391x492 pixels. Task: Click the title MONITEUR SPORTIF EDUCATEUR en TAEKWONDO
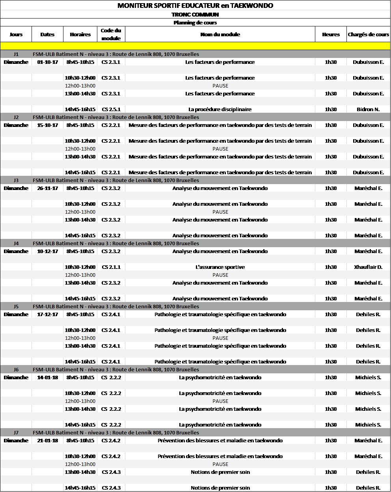click(x=195, y=6)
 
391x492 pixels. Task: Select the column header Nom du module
click(x=220, y=34)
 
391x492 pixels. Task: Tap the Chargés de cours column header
click(x=368, y=34)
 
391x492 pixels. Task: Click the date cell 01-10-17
click(x=47, y=62)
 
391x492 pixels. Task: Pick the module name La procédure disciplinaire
click(x=220, y=109)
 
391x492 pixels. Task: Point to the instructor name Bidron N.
click(x=368, y=109)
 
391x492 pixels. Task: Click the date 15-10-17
click(x=47, y=125)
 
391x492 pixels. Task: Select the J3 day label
click(x=16, y=180)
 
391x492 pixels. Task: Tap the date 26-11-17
click(x=47, y=188)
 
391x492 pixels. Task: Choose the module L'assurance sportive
click(x=220, y=267)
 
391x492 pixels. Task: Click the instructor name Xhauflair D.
click(x=368, y=267)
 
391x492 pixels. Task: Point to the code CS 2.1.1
click(x=111, y=267)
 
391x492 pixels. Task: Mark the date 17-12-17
click(x=47, y=314)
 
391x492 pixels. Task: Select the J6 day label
click(x=16, y=369)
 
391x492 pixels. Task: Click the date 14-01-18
click(x=47, y=377)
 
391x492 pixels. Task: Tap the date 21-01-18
click(x=47, y=440)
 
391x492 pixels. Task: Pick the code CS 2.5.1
click(x=111, y=109)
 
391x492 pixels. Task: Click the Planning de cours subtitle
click(x=195, y=22)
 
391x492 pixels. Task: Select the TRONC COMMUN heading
click(x=195, y=15)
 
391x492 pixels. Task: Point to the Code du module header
click(x=111, y=34)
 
